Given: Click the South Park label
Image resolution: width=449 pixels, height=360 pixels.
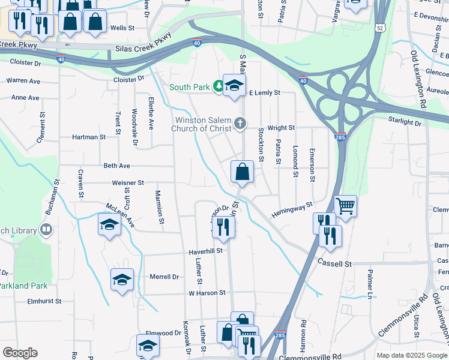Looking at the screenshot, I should (189, 88).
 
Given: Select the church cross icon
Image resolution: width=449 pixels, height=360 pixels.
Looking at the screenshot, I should (240, 124).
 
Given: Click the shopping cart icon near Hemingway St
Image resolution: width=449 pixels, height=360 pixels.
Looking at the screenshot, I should (345, 206).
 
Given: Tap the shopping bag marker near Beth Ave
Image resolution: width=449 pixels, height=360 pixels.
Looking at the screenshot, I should (241, 172).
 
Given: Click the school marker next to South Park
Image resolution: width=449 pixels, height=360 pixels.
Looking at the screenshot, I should (234, 85).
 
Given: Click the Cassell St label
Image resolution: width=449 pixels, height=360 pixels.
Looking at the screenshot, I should (334, 263).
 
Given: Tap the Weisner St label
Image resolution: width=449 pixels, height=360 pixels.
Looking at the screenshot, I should (128, 182).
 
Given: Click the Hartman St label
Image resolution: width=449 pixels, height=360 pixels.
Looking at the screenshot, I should (89, 137).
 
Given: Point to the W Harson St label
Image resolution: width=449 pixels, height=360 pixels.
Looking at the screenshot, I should (206, 293).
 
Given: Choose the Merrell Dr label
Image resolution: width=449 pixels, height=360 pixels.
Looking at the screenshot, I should (164, 277).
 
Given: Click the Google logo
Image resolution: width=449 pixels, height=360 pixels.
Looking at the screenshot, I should (20, 353).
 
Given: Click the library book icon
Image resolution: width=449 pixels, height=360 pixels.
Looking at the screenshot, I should (46, 230).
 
